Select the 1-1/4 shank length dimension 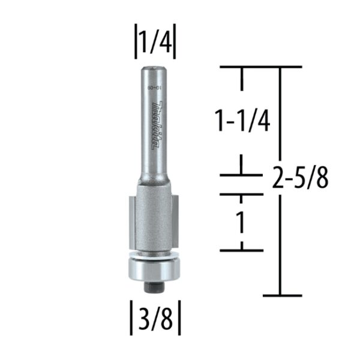coord(243,122)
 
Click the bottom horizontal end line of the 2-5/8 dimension coord(281,295)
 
